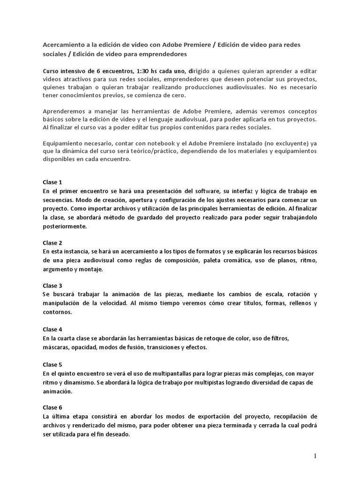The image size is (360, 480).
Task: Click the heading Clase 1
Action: click(52, 182)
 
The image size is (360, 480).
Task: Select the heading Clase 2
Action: click(52, 243)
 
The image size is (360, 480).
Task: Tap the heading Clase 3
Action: click(52, 285)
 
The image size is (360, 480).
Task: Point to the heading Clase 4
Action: click(52, 329)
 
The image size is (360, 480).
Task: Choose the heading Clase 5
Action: click(52, 364)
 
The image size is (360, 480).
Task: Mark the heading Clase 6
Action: click(52, 407)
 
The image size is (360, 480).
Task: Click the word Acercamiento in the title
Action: click(65, 45)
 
